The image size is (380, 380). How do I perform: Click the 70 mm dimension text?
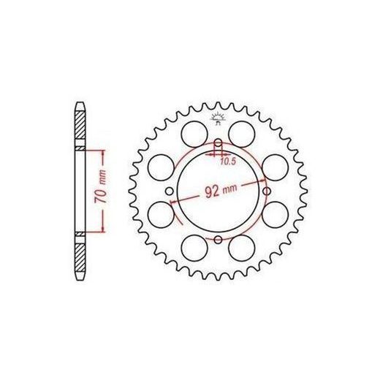tap(101, 186)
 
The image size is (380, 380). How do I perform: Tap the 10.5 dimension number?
tap(228, 161)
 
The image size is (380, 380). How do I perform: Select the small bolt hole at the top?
tap(218, 142)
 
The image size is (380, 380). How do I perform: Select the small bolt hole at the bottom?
tap(218, 240)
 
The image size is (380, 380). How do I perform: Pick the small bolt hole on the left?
tap(170, 191)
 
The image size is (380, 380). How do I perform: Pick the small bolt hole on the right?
tap(267, 191)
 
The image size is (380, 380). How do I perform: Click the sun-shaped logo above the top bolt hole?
tap(217, 118)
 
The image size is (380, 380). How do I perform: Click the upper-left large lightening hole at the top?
tap(194, 134)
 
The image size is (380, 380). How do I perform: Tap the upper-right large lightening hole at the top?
tap(242, 134)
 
